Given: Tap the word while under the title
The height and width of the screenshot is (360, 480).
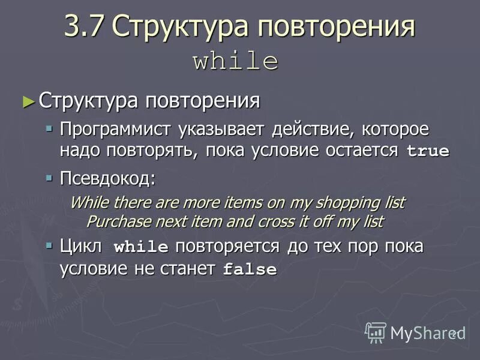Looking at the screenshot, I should coord(235,62).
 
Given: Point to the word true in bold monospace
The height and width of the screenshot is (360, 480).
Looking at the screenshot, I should coord(428,151).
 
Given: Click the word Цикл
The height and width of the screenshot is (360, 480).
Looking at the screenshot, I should coord(81,246).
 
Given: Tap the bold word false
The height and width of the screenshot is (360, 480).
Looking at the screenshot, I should coord(250,270).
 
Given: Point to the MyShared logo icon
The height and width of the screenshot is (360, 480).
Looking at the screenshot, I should coord(376,332).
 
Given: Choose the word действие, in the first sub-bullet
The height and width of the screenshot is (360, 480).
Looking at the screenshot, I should coord(308,129).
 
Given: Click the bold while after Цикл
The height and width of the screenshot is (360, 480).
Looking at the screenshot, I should coord(141,247).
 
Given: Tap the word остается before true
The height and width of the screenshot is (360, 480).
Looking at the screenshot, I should coord(362,149).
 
